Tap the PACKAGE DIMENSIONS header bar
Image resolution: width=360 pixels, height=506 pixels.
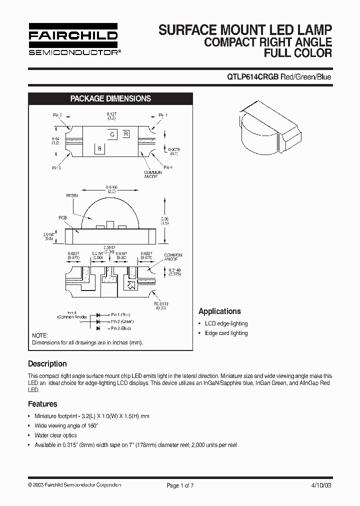click(x=110, y=98)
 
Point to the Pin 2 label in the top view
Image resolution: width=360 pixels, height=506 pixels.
click(x=58, y=115)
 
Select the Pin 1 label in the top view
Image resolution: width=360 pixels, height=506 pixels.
click(x=163, y=115)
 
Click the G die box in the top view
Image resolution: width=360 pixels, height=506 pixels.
click(x=113, y=134)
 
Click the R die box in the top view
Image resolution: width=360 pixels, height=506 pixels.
click(x=126, y=133)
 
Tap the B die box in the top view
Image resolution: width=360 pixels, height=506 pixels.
click(x=99, y=148)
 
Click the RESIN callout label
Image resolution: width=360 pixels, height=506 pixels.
click(x=72, y=195)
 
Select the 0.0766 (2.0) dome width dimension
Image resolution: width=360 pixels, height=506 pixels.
click(x=111, y=188)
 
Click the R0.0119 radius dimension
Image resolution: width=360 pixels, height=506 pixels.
click(x=160, y=305)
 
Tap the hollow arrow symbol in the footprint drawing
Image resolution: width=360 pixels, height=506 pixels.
click(x=131, y=286)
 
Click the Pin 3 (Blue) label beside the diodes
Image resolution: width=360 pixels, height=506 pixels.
click(x=120, y=328)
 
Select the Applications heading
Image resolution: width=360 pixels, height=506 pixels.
click(x=219, y=311)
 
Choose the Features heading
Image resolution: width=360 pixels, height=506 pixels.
click(x=42, y=404)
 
